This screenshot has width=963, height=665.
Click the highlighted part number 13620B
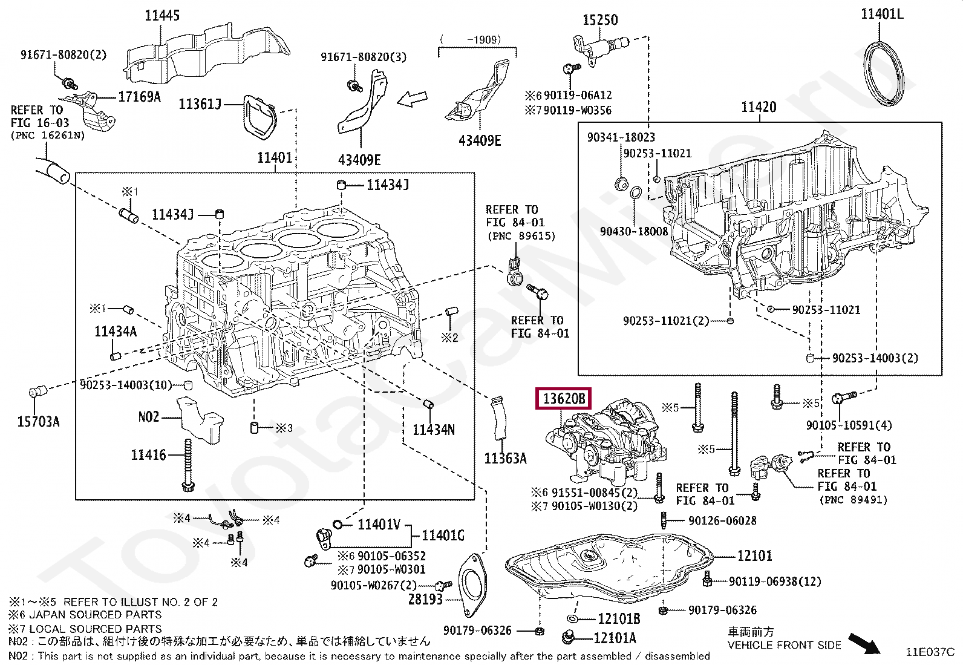click(563, 399)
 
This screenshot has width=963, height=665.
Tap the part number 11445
click(162, 16)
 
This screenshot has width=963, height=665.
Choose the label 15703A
click(38, 422)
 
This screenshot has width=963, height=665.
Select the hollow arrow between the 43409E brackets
click(412, 98)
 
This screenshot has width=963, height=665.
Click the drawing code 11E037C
click(929, 652)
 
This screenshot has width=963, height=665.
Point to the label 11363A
click(505, 459)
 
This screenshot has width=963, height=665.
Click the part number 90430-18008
click(633, 231)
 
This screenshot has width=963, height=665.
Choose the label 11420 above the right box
click(758, 107)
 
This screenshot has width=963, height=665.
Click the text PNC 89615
click(521, 236)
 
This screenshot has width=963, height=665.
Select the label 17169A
click(139, 97)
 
